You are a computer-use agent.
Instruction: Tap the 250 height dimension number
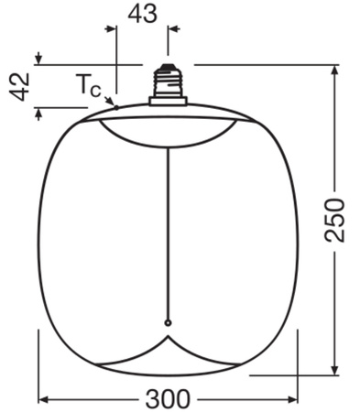point(336,218)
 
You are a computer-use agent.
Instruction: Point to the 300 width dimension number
point(168,399)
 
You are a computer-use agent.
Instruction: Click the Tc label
point(89,86)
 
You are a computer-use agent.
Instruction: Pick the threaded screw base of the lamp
point(168,85)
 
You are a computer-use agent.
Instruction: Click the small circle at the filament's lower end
point(168,322)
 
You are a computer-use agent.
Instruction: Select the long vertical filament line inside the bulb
point(168,229)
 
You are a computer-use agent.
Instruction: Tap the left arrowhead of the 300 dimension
point(43,399)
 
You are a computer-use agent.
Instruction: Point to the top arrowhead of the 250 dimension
point(336,70)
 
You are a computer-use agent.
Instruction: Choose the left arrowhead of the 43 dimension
point(113,28)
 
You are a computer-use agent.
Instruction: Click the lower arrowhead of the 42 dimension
point(37,113)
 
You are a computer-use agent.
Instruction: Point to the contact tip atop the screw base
point(168,65)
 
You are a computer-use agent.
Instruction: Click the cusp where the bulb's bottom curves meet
point(168,335)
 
